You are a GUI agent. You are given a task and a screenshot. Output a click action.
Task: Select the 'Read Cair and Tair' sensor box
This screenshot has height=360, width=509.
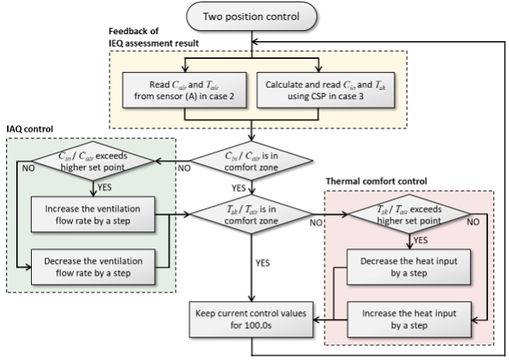coord(184,90)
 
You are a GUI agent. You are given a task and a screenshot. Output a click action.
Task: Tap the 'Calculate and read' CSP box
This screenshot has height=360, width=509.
coord(318,90)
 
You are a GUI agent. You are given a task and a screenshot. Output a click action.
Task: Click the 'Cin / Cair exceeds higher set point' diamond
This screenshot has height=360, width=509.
coord(94,160)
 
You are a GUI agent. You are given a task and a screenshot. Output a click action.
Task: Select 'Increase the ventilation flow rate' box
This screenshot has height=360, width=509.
coord(93,215)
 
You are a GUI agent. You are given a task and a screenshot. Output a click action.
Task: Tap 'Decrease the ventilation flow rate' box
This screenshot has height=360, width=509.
coord(93,267)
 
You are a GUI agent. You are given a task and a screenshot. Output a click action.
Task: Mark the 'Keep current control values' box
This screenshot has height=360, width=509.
coord(251,319)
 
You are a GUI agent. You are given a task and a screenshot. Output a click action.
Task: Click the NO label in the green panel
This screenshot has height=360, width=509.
coord(28,168)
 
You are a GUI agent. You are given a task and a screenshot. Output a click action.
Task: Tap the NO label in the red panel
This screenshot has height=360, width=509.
coord(474,221)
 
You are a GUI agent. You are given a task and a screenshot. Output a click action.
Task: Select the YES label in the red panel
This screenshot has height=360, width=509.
coord(418,241)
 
